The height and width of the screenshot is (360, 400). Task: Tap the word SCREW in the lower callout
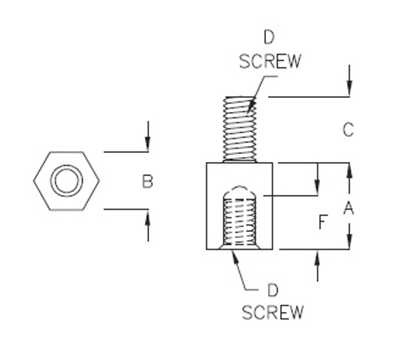click(x=271, y=312)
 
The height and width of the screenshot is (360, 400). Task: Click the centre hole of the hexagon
click(x=67, y=181)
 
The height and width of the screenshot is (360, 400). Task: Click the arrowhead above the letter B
click(x=148, y=146)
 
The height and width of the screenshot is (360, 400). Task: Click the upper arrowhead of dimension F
click(x=317, y=189)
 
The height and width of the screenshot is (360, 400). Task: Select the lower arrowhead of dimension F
click(x=317, y=257)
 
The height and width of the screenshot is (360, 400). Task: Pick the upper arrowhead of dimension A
click(x=349, y=170)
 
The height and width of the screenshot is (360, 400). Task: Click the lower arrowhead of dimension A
click(x=349, y=243)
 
